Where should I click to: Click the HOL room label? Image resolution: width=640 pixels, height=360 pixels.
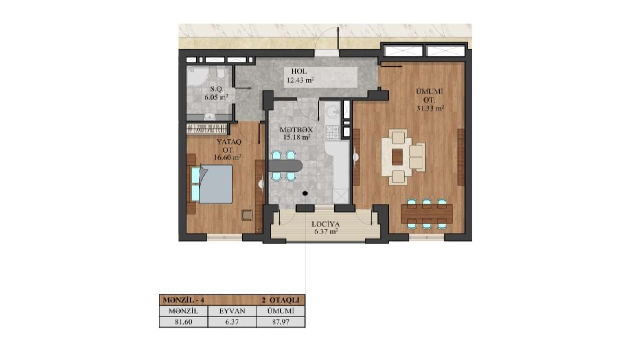click(x=299, y=71)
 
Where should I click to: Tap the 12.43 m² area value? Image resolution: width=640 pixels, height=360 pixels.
click(x=300, y=80)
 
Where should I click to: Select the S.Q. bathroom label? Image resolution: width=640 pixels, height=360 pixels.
click(x=216, y=89)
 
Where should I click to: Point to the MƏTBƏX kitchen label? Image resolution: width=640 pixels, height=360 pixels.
click(x=296, y=129)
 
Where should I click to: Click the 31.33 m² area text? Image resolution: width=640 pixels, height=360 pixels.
click(x=430, y=108)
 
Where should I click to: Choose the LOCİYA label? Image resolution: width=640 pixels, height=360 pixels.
click(x=325, y=224)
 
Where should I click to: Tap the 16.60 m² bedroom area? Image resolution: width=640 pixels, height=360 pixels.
click(x=227, y=157)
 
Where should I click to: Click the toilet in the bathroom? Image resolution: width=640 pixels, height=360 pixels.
click(x=221, y=72)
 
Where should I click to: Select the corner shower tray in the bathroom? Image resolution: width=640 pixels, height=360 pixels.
click(x=197, y=76)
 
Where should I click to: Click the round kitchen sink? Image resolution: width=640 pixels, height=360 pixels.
click(x=332, y=111)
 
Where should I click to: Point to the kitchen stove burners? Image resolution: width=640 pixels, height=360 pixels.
click(x=332, y=133)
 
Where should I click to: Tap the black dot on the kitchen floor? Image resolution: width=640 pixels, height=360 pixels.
click(x=305, y=193)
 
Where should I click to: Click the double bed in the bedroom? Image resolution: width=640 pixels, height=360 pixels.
click(x=211, y=184)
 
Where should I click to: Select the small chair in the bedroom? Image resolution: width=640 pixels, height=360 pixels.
click(x=247, y=215)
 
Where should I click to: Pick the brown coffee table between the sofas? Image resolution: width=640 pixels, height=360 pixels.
click(x=397, y=157)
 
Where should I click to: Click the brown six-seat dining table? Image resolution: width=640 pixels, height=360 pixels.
click(x=426, y=213)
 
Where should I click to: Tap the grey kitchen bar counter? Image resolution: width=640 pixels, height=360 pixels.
click(x=285, y=166)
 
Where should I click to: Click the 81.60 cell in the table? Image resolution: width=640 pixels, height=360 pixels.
click(x=183, y=322)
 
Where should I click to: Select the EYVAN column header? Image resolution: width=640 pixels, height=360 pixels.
click(x=232, y=311)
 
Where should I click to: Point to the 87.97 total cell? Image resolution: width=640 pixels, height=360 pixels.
click(x=280, y=322)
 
